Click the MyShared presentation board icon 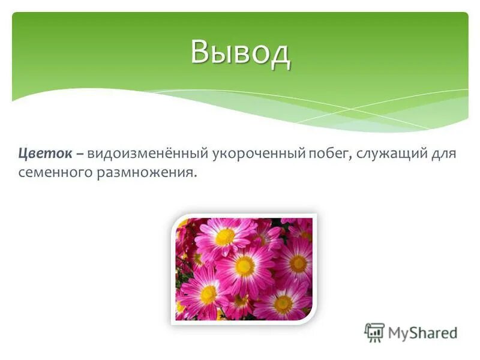[x=374, y=332]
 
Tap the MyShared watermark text [x=422, y=332]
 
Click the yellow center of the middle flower [x=245, y=265]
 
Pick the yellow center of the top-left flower [x=226, y=237]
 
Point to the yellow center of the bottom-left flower [x=208, y=294]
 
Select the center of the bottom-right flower [x=283, y=304]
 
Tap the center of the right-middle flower [x=298, y=263]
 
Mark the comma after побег [x=350, y=157]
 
